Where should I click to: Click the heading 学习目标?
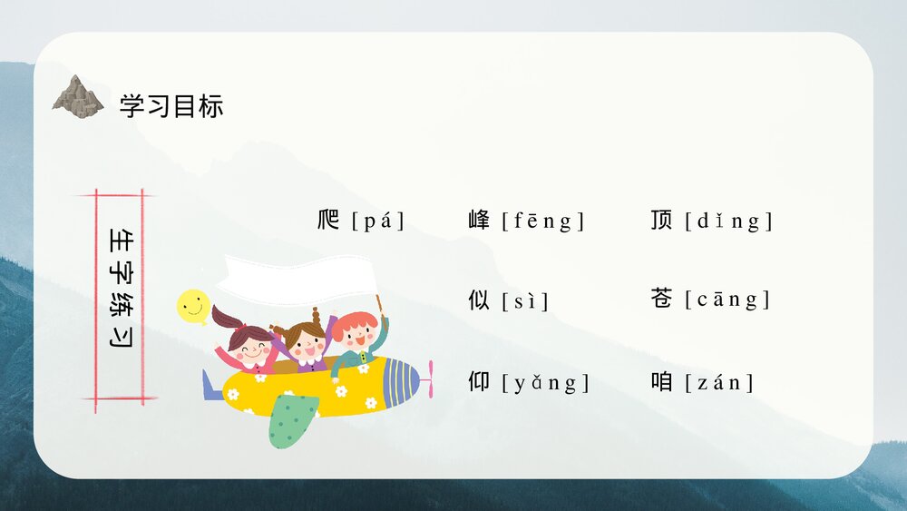coord(171,106)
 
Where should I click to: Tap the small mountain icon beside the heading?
coord(78,96)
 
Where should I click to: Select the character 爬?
coord(328,220)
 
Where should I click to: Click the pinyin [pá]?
coord(378,221)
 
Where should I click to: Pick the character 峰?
coord(479,220)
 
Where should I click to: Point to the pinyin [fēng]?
coord(543,221)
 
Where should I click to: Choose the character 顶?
coord(661,220)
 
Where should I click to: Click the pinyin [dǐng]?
coord(729,221)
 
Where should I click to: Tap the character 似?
coord(479,300)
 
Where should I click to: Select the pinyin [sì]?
coord(525,300)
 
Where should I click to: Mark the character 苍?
coord(661,299)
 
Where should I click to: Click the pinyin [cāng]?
coord(727,300)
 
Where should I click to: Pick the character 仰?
coord(479,382)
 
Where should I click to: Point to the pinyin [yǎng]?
coord(546,383)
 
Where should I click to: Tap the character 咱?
coord(661,382)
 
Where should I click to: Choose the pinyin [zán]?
coord(720,383)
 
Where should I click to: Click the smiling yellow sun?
coord(192,307)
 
